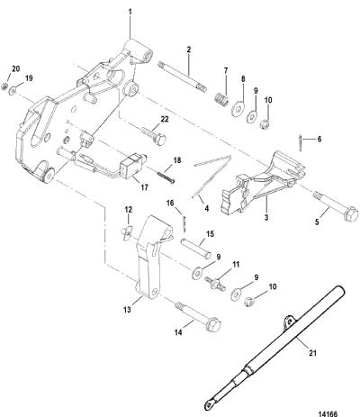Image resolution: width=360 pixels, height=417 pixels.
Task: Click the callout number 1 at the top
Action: (x=130, y=12)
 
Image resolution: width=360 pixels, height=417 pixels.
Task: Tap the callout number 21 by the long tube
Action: (x=312, y=353)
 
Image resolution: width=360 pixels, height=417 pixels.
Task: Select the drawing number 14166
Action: (x=328, y=413)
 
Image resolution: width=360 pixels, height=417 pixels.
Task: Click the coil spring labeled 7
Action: (x=222, y=98)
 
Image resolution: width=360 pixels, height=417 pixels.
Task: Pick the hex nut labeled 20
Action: (x=4, y=86)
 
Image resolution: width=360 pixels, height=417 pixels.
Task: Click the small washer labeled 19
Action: (x=13, y=90)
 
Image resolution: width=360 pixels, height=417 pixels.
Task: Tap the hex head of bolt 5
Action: (x=351, y=213)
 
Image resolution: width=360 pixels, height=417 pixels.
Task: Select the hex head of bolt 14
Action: (x=214, y=325)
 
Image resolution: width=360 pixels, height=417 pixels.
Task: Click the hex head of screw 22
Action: (x=160, y=139)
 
